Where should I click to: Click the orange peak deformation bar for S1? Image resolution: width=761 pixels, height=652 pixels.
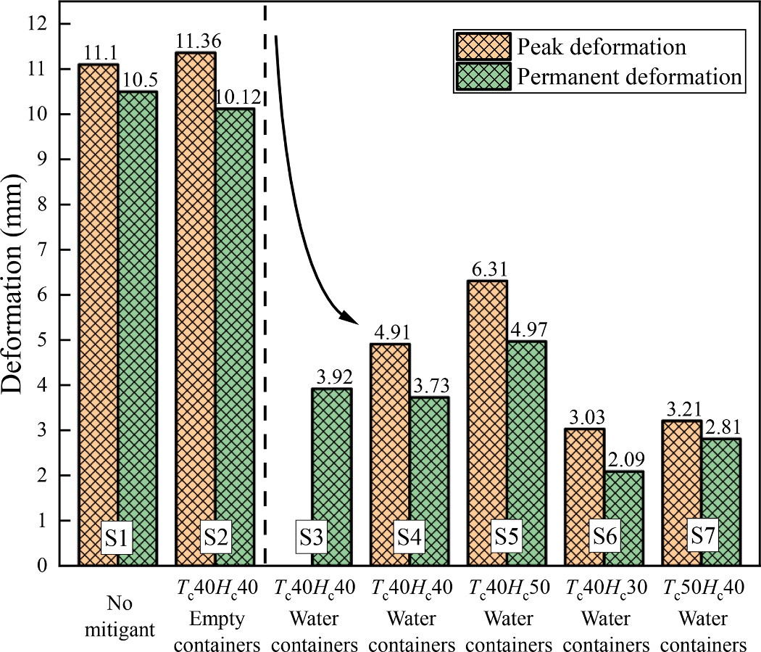coord(99,290)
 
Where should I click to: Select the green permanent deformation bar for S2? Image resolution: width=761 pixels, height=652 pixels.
coord(234,326)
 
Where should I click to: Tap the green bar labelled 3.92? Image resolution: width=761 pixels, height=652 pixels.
coord(331,464)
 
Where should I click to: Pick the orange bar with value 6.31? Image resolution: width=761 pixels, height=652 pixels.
coord(487,406)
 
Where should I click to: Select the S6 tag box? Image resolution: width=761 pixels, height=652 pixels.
coord(604,538)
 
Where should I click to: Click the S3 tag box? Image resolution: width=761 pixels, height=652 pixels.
coord(312,538)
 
